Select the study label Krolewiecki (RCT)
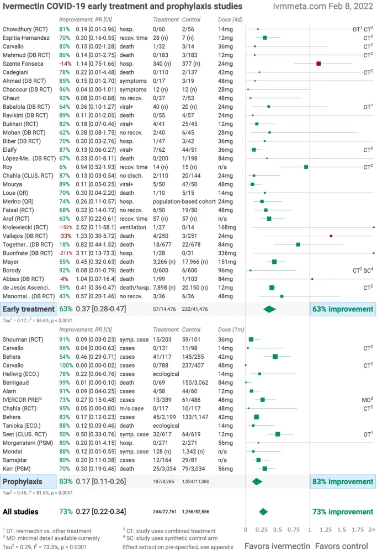click(25, 227)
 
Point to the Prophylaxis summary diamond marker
click(257, 481)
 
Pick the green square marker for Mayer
click(274, 262)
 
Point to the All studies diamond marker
click(263, 511)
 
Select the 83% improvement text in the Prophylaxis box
click(342, 481)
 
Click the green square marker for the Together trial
click(298, 244)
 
